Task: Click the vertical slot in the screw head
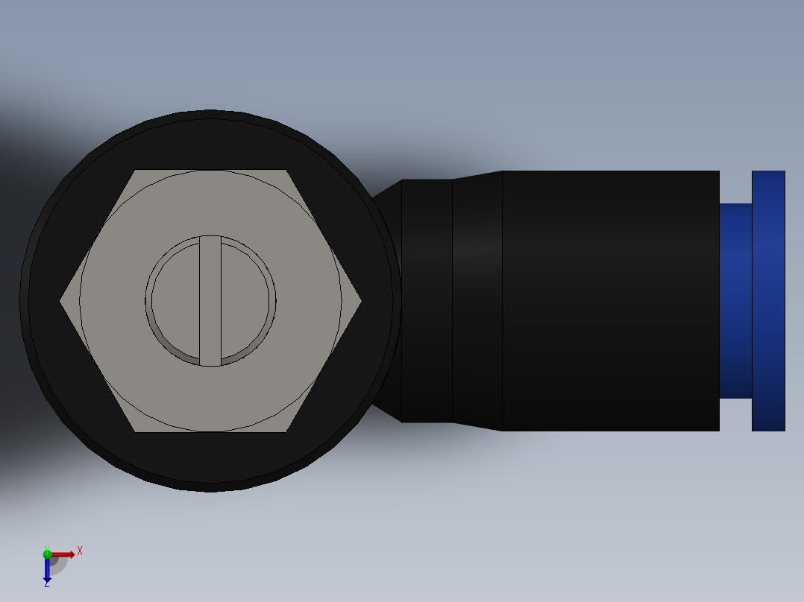click(210, 300)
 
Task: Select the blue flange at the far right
click(768, 301)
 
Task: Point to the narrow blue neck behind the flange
click(735, 301)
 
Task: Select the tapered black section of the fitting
click(477, 301)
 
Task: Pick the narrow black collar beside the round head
click(427, 301)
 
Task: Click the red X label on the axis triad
click(80, 551)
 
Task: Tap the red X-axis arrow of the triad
click(64, 554)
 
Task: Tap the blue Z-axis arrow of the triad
click(47, 570)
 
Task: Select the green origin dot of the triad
click(47, 553)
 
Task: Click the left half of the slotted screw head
click(175, 301)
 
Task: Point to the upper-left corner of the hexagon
click(136, 171)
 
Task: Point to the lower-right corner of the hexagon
click(286, 431)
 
